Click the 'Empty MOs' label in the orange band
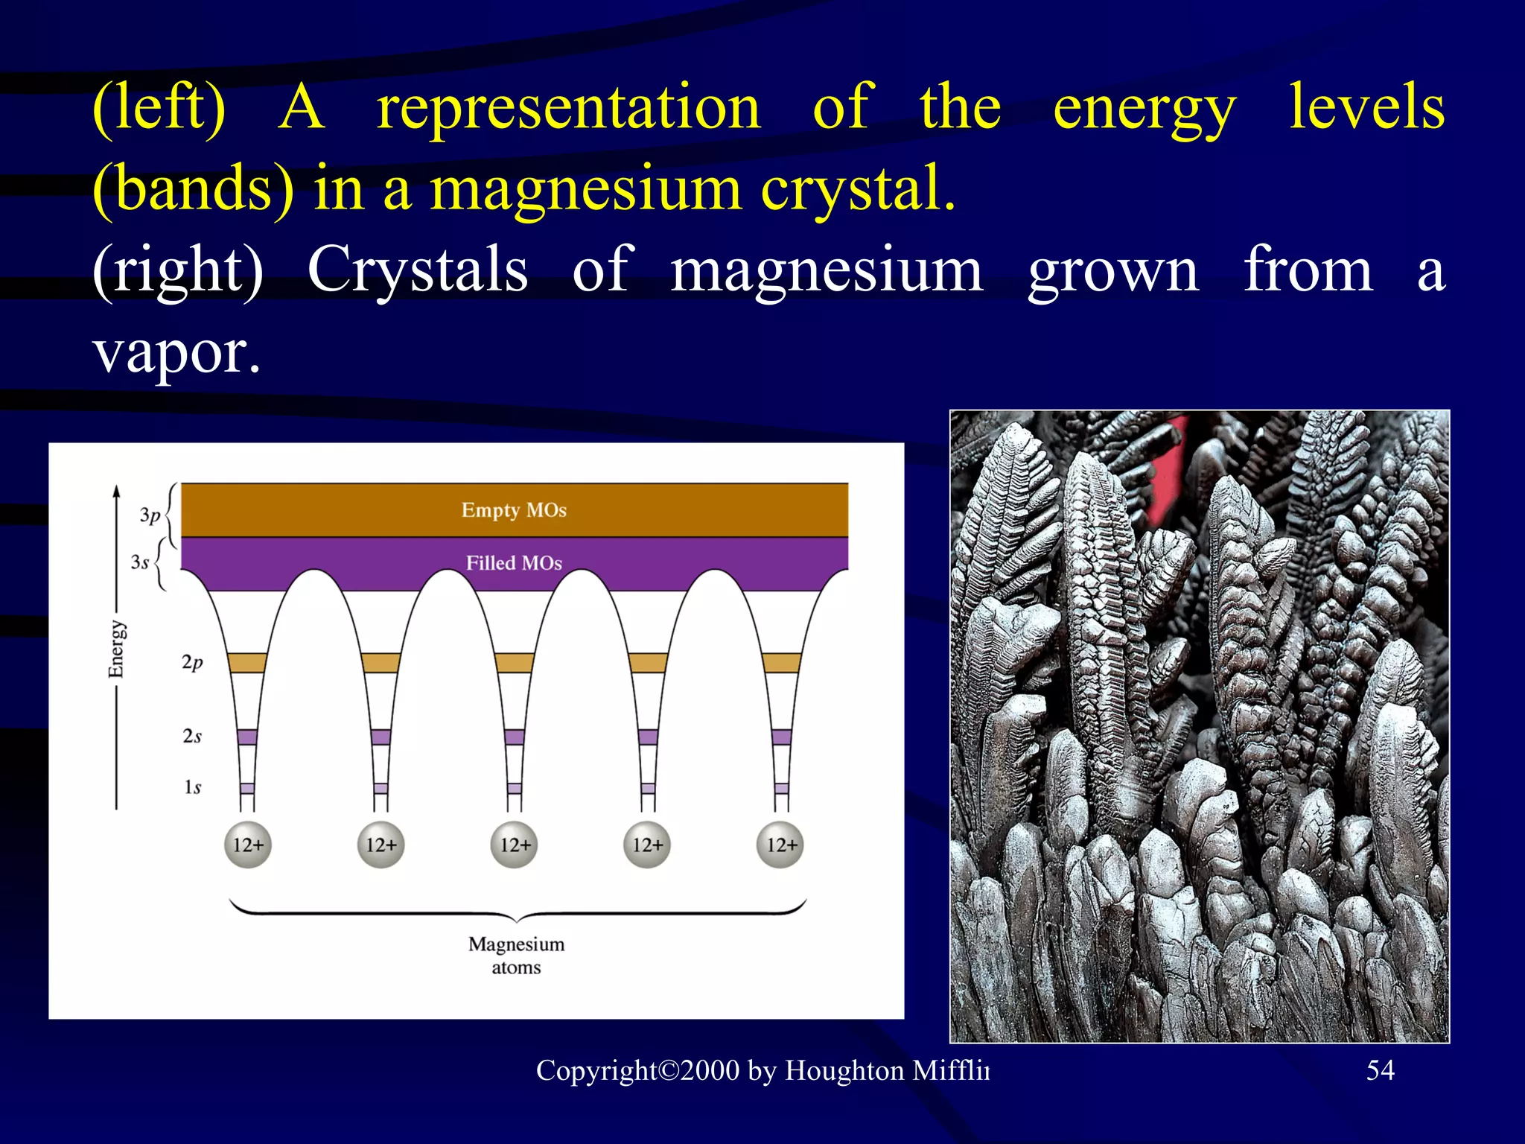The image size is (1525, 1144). [x=514, y=510]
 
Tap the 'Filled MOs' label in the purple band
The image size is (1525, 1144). [x=514, y=563]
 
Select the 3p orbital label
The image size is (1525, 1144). [x=150, y=515]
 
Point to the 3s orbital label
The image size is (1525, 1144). [x=140, y=562]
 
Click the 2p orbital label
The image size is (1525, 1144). [x=192, y=662]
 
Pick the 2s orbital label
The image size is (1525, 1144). [x=192, y=736]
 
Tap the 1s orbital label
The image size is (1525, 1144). [x=192, y=787]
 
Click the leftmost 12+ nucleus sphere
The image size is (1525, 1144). [x=248, y=845]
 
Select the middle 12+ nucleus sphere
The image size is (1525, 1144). [x=515, y=845]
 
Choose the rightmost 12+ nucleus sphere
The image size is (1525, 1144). [x=781, y=845]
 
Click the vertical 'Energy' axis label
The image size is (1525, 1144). [x=116, y=649]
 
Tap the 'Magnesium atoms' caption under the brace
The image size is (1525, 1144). [x=516, y=956]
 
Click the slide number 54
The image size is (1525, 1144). [x=1380, y=1070]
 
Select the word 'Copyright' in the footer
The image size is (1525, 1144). [x=596, y=1071]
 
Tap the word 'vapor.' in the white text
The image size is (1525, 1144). [x=177, y=352]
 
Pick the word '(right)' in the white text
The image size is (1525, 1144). [x=178, y=270]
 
